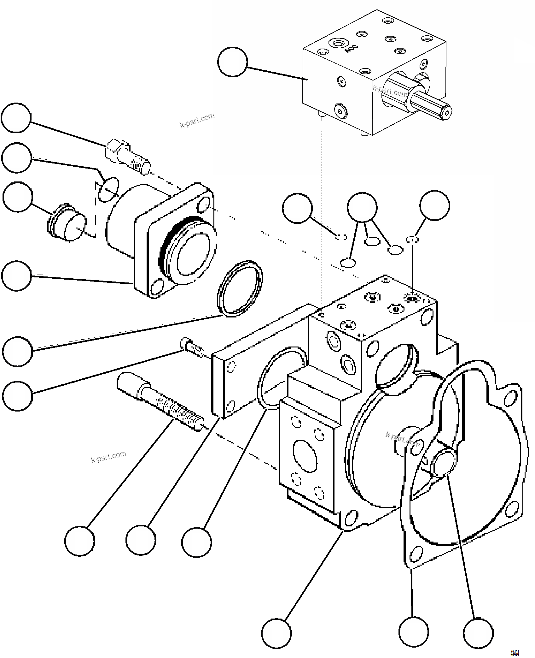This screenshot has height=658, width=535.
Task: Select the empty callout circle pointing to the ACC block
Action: coord(232,62)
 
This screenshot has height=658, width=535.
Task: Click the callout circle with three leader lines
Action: coord(362,207)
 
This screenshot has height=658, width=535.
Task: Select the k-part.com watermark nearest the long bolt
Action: coord(108,457)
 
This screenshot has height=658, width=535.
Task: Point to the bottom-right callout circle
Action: coord(478,633)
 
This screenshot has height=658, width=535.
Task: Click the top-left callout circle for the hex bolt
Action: coord(16,118)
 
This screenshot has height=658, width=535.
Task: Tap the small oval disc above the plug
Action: coord(109,190)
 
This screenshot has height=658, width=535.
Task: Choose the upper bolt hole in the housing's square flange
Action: coord(202,205)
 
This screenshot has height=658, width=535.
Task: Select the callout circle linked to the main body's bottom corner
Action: coord(276,633)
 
